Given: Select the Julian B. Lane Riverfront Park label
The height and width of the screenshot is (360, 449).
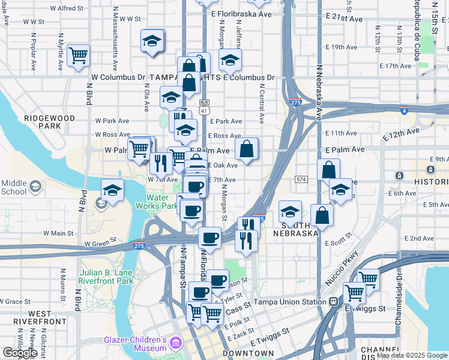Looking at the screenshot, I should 106,277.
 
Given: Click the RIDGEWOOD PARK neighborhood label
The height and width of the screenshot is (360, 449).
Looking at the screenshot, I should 50,122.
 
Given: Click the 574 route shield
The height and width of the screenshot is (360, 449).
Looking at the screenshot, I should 301,179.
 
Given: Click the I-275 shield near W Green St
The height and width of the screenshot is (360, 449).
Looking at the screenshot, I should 139,246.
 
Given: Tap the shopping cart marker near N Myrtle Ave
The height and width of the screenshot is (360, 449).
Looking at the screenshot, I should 79,56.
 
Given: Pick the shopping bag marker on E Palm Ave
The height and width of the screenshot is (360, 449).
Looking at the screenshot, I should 247,149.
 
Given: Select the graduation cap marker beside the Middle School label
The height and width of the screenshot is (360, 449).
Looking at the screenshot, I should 112,191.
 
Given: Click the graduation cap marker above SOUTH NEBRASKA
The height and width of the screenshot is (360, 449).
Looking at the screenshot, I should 291,212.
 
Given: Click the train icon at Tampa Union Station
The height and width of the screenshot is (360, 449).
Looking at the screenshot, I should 333,301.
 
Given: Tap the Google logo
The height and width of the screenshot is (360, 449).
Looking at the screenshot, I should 20,353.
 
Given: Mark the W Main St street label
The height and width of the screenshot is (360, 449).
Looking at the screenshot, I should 58,233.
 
